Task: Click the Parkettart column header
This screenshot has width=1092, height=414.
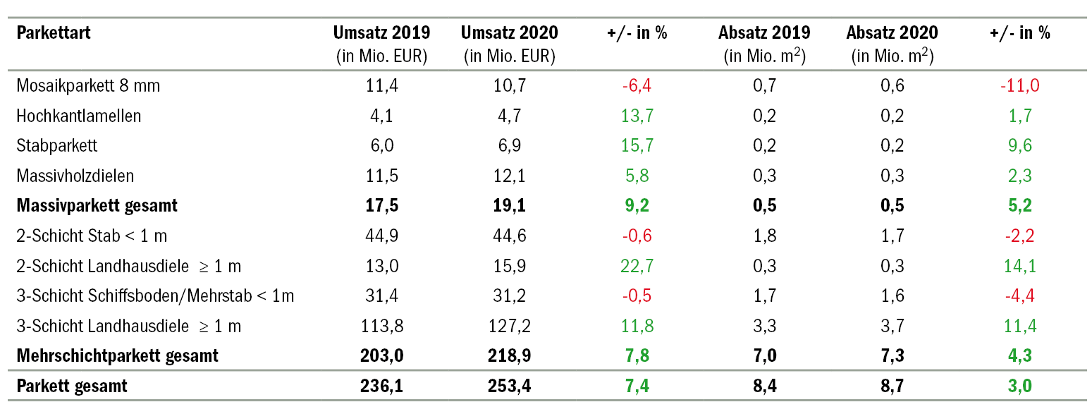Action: (54, 33)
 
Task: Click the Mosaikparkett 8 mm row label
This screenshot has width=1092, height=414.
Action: (88, 86)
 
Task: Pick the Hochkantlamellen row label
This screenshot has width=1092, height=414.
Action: (79, 116)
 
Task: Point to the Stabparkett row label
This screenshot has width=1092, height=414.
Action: (57, 146)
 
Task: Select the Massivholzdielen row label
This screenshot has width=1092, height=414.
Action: (75, 176)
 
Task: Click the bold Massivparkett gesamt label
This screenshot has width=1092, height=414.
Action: (97, 206)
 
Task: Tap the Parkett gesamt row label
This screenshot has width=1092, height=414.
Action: (72, 386)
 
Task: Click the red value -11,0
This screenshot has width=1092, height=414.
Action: (1019, 86)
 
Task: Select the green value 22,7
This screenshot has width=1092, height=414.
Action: (637, 266)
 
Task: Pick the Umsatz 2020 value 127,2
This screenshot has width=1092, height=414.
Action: (509, 326)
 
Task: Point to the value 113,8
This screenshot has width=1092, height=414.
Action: (381, 326)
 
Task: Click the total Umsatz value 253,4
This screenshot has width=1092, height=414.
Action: (509, 386)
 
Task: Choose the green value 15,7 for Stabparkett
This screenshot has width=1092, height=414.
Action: (637, 146)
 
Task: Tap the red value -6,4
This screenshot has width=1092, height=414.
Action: (637, 86)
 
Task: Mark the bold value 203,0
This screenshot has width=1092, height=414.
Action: (381, 355)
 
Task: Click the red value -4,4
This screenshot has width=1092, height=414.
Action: (1019, 296)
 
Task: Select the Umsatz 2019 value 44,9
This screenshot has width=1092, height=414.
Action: (381, 236)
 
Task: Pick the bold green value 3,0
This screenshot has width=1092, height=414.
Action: (1019, 386)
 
